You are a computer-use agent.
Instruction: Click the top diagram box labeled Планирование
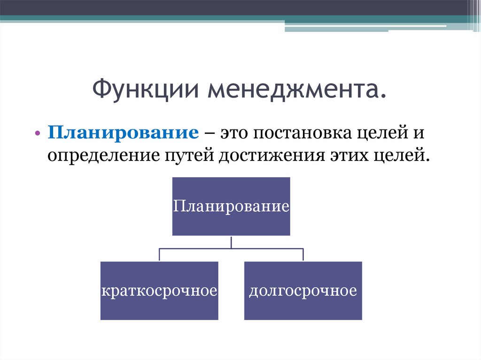[x=231, y=207]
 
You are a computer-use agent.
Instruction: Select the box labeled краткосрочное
[x=159, y=291]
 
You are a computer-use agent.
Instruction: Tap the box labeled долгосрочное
[x=303, y=291]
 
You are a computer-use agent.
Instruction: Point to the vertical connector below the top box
[x=231, y=242]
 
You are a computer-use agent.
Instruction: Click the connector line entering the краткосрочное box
[x=159, y=255]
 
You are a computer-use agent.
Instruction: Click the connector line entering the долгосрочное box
[x=303, y=255]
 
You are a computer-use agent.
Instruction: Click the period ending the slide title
[x=382, y=96]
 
